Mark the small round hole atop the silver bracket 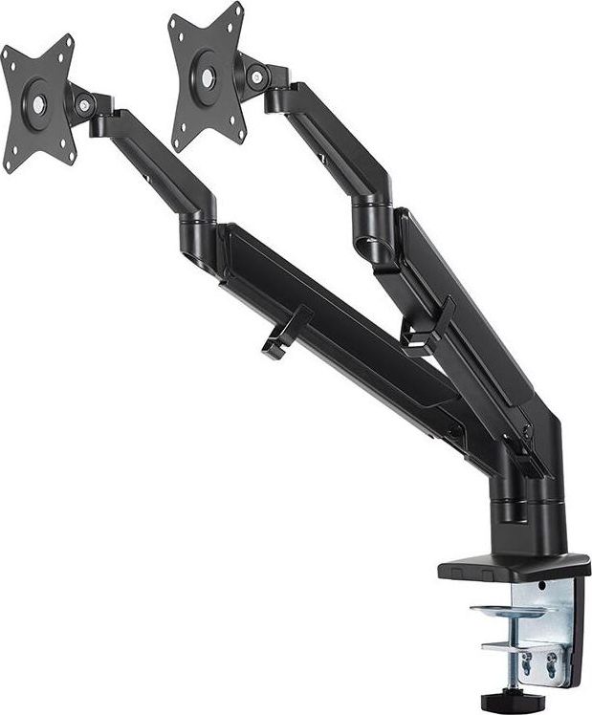(541, 586)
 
